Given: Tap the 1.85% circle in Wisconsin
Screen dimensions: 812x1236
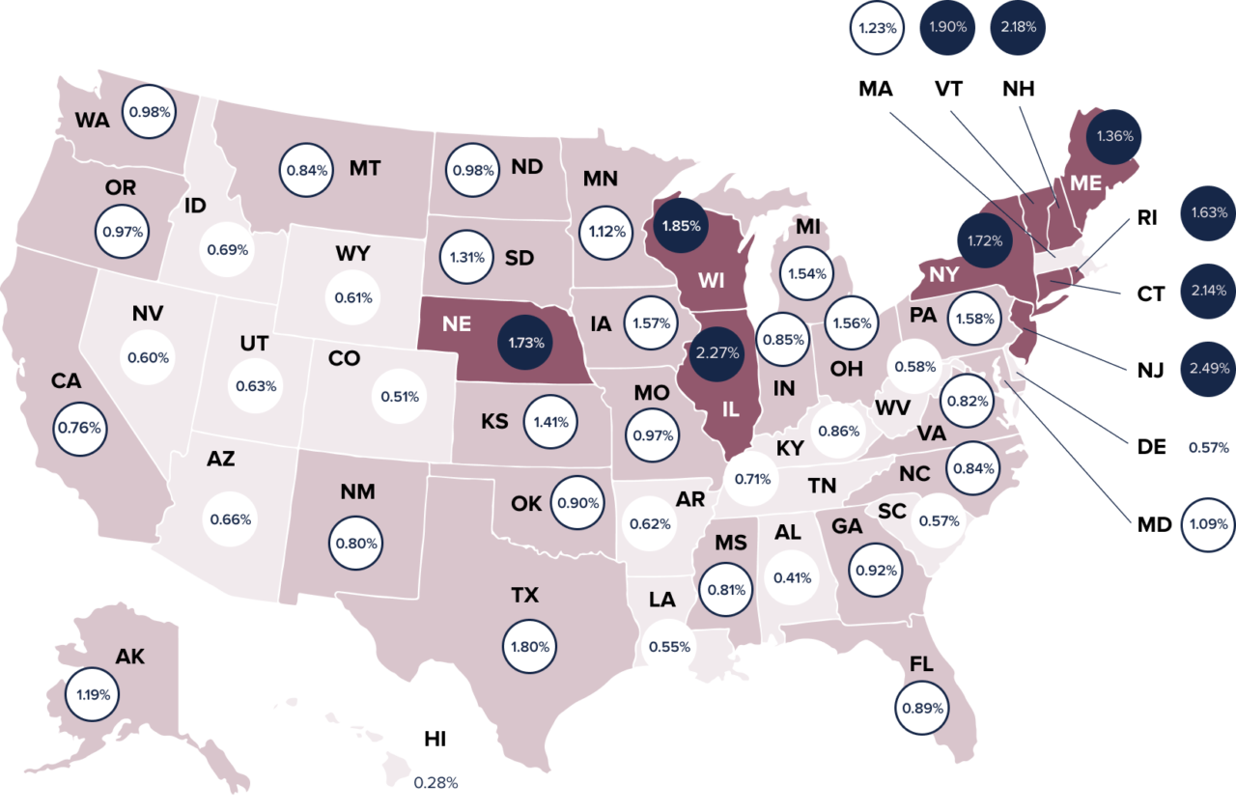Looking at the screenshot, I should [682, 225].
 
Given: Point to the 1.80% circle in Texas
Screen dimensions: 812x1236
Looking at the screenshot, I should [530, 646].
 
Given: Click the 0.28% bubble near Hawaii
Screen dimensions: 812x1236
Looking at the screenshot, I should [435, 782].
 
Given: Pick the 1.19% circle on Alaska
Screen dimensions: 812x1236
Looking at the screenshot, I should [94, 693].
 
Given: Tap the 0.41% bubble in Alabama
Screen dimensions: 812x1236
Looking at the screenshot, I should [792, 578].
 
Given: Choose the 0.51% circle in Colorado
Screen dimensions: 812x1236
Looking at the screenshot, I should [400, 396].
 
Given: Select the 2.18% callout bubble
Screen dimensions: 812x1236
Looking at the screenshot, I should [1019, 27].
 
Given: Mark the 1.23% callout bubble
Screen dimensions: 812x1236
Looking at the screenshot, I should [878, 28].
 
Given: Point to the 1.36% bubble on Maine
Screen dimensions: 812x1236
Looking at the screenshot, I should [1115, 136].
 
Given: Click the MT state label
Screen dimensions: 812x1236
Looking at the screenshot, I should [365, 169].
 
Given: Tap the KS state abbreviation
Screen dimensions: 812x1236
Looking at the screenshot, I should [494, 422].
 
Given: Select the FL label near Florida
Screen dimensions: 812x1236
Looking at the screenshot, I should [920, 663].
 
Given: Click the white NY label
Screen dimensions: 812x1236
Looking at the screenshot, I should [943, 274].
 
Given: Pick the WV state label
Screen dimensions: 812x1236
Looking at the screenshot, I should [892, 407].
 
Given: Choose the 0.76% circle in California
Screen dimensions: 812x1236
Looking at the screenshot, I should [79, 427].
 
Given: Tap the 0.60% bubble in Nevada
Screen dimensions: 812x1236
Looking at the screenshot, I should [149, 357].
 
